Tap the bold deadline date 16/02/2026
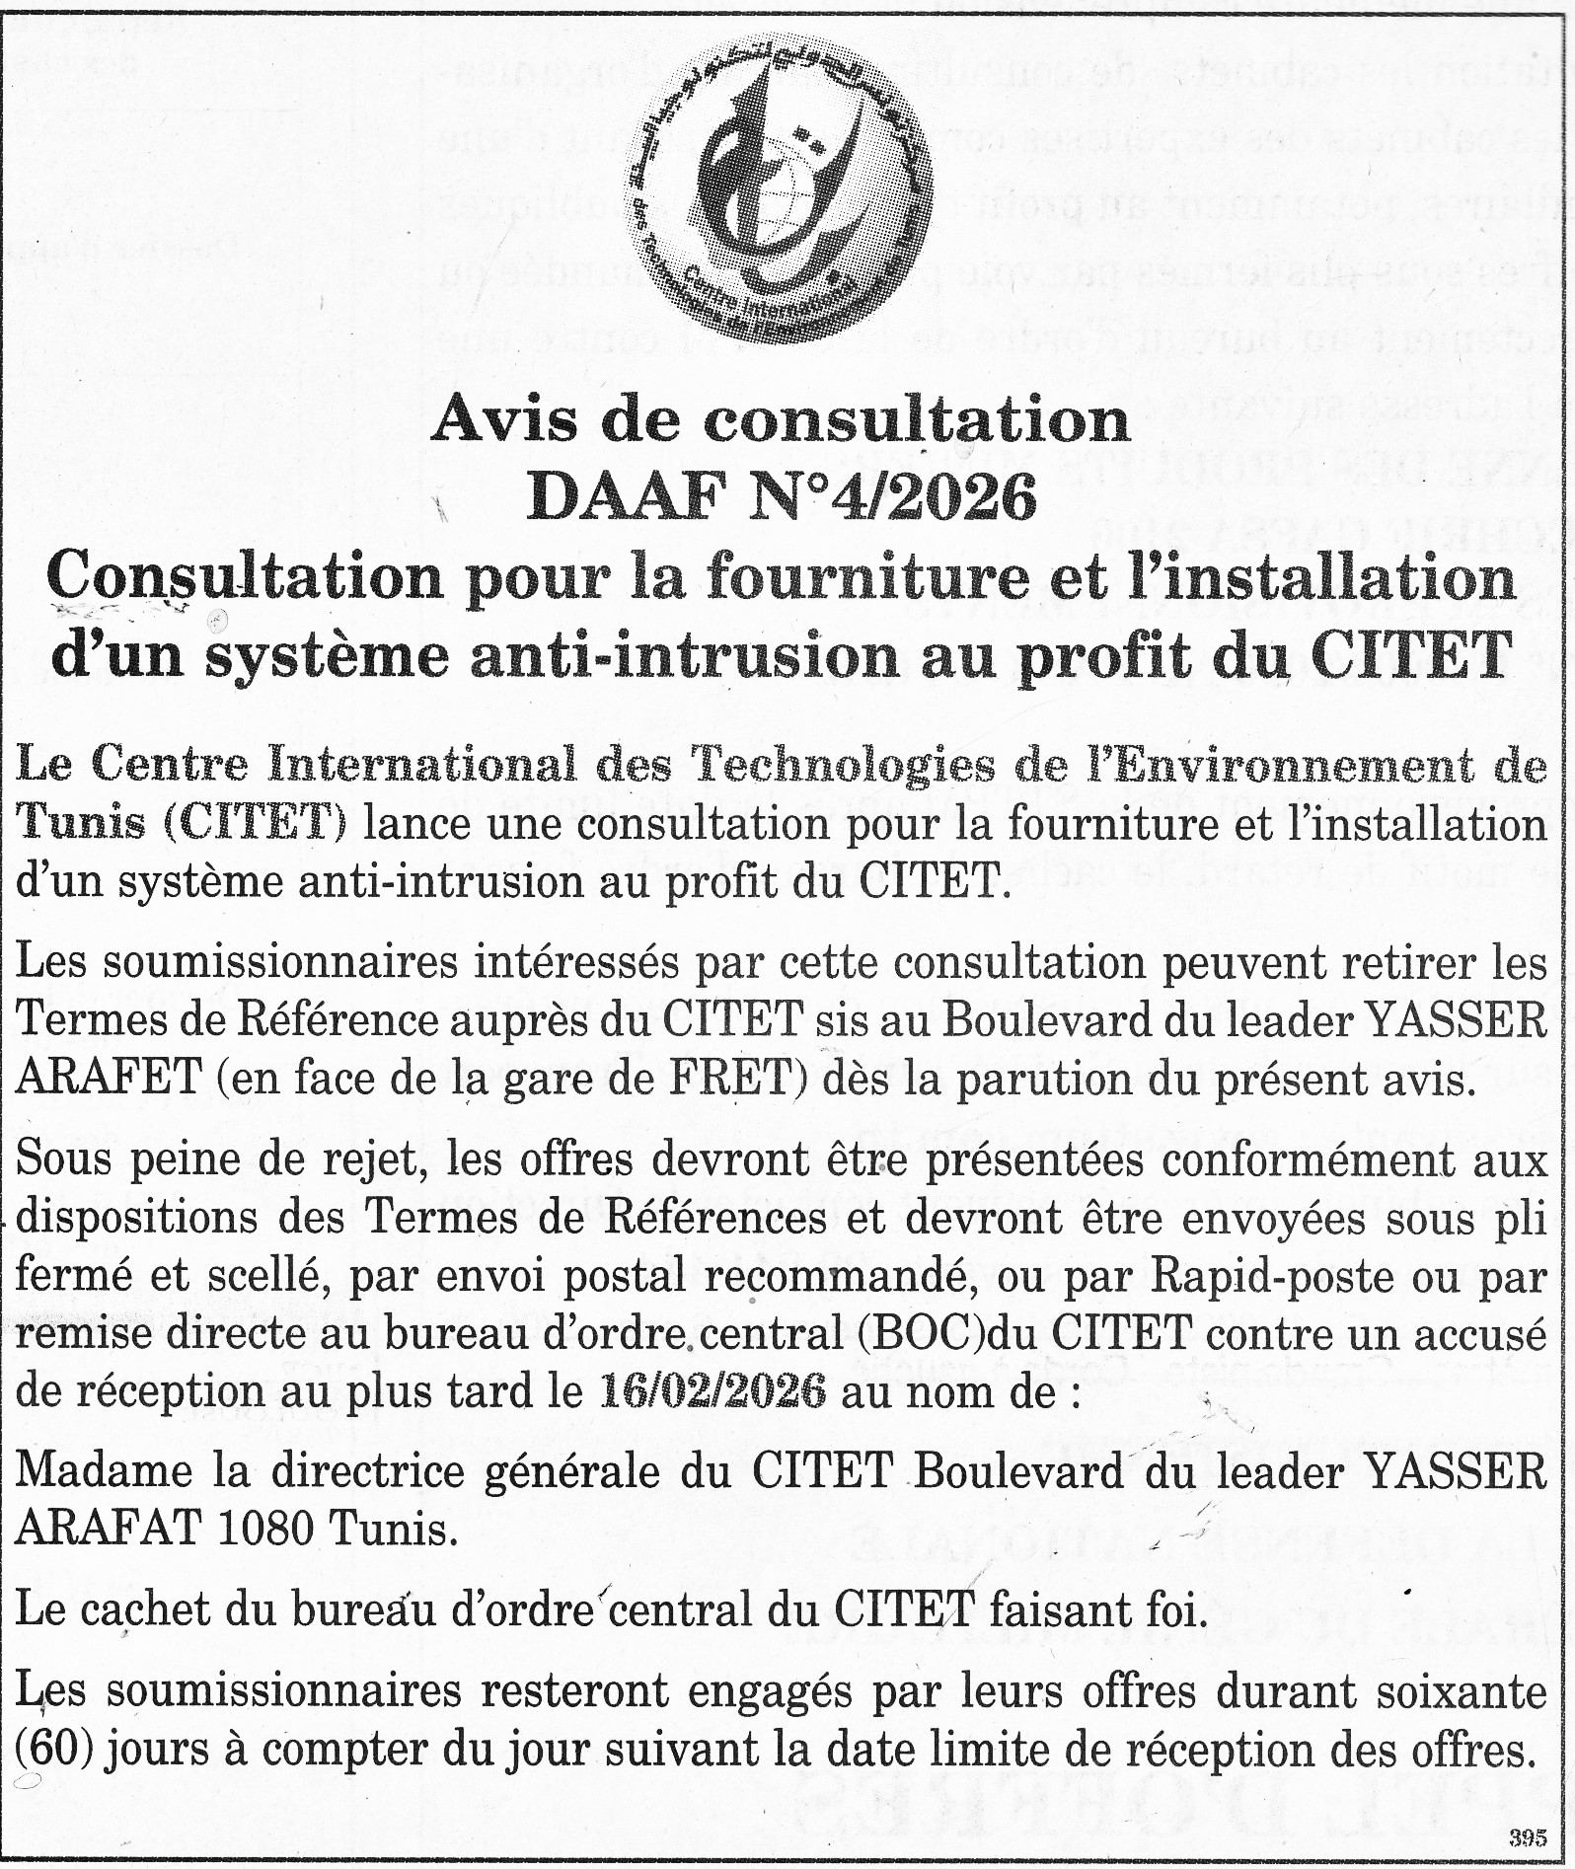tap(712, 1391)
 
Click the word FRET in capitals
tap(731, 1080)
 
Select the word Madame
tap(104, 1470)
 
